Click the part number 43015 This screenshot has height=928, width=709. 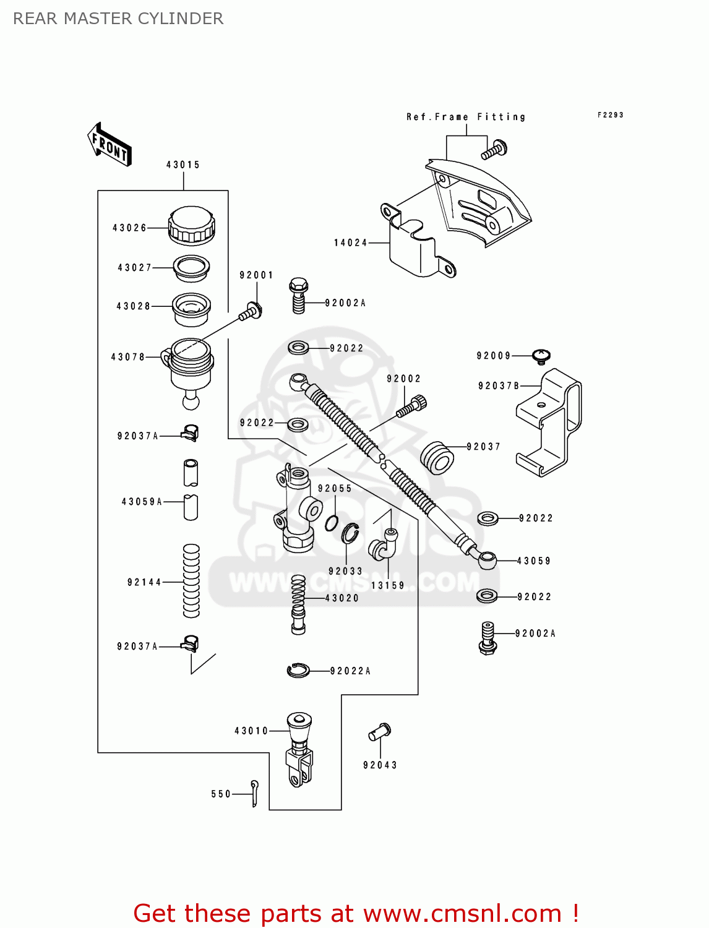pyautogui.click(x=183, y=165)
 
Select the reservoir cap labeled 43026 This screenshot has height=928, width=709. pyautogui.click(x=191, y=226)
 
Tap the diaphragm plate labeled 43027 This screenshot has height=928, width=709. pyautogui.click(x=191, y=268)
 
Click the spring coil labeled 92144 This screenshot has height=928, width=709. pyautogui.click(x=191, y=581)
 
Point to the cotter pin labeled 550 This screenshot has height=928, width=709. pyautogui.click(x=254, y=793)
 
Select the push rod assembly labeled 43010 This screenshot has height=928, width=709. pyautogui.click(x=299, y=749)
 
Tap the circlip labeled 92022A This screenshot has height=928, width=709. pyautogui.click(x=298, y=670)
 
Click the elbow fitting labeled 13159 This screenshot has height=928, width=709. pyautogui.click(x=383, y=544)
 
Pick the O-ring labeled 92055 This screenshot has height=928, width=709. pyautogui.click(x=332, y=523)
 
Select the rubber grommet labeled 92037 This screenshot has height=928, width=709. pyautogui.click(x=437, y=458)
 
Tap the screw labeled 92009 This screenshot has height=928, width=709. pyautogui.click(x=541, y=356)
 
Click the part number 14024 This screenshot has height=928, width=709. pyautogui.click(x=351, y=243)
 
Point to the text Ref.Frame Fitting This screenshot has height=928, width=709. pyautogui.click(x=466, y=117)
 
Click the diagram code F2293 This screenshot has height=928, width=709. pyautogui.click(x=610, y=115)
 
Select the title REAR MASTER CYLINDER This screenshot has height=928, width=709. pyautogui.click(x=118, y=19)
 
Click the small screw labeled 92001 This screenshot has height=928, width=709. pyautogui.click(x=251, y=312)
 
